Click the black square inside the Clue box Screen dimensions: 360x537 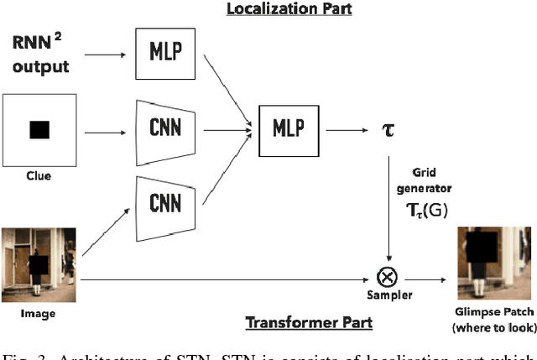(x=39, y=130)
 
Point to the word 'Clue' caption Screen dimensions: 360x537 (x=39, y=177)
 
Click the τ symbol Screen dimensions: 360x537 (x=388, y=131)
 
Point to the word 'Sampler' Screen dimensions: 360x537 (x=389, y=295)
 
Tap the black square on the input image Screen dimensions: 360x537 (x=37, y=264)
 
